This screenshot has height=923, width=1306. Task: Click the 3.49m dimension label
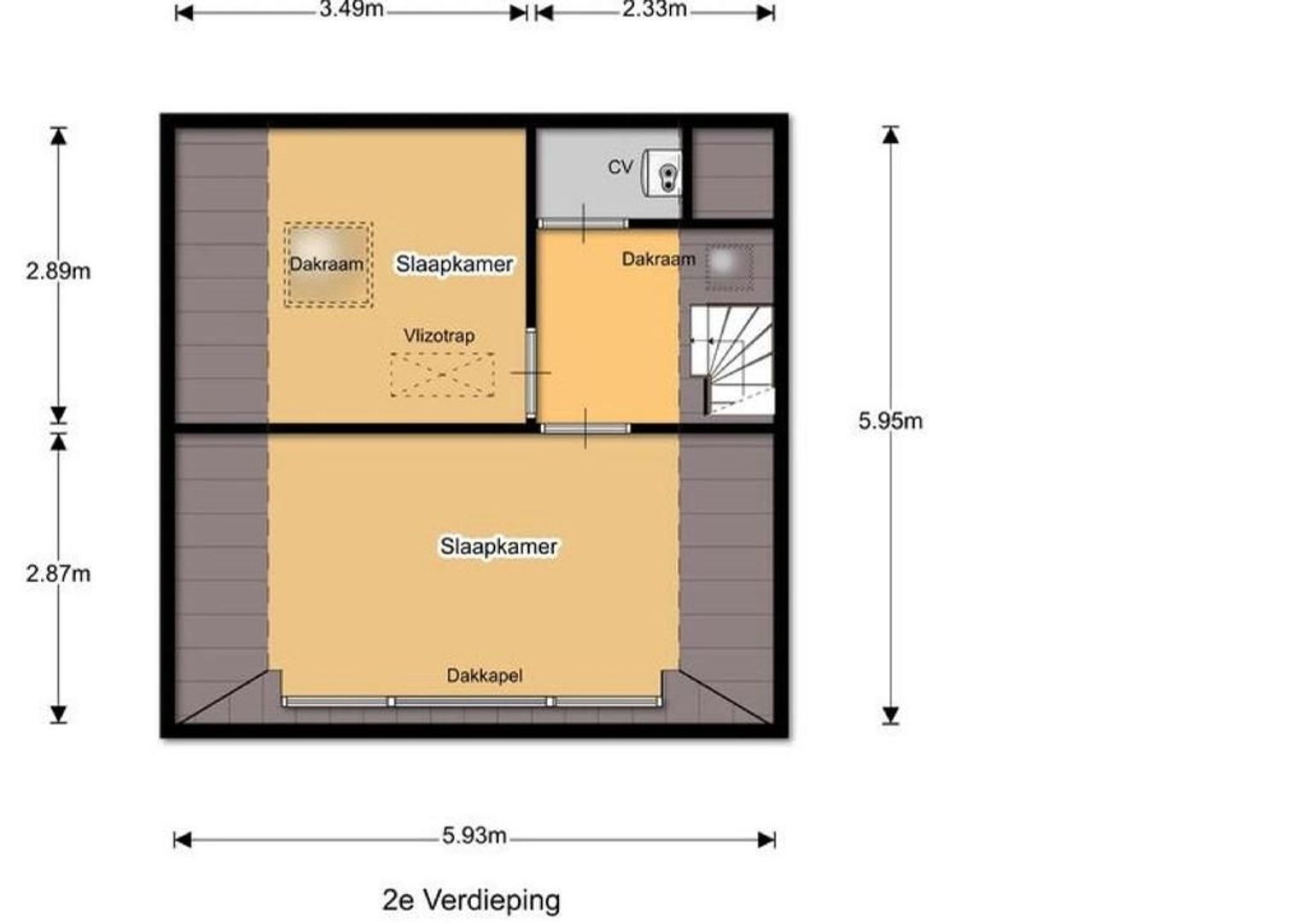pos(351,10)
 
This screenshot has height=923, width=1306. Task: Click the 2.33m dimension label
pos(654,10)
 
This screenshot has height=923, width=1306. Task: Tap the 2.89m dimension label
pos(58,272)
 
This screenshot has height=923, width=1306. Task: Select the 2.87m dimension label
pos(58,574)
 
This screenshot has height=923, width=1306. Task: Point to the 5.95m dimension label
pos(891,421)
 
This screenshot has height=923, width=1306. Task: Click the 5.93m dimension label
pos(474,836)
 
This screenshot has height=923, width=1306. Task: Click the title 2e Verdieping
pos(471,900)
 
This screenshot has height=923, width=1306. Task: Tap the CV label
pos(621,168)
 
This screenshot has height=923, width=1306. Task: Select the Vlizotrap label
pos(439,336)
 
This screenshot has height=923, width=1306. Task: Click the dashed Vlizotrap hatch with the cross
pos(443,375)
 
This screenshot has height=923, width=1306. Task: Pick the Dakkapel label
pos(485,676)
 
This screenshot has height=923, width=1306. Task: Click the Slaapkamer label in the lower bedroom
pos(498,547)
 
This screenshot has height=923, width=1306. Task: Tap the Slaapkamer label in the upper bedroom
pos(455,264)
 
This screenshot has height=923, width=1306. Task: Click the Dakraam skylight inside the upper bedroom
pos(328,265)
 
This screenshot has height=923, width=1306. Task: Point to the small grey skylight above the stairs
pos(729,267)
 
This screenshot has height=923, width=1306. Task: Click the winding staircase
pos(732,361)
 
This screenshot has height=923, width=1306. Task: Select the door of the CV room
pos(583,223)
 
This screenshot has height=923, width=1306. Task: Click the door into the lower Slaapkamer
pos(585,428)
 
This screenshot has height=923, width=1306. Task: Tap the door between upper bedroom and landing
pos(531,373)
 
